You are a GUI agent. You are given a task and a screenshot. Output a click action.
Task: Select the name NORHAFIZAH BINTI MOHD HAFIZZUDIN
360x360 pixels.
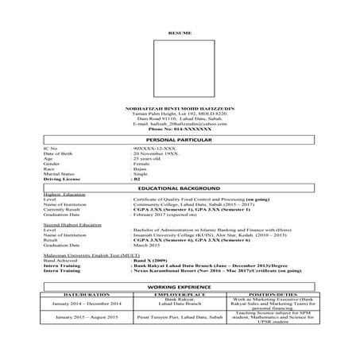pos(180,107)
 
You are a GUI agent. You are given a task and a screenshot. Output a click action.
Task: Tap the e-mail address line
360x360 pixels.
pos(180,124)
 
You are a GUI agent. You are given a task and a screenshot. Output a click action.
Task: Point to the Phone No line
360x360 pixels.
pos(180,130)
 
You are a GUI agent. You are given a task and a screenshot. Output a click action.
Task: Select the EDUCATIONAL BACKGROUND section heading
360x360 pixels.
pos(180,188)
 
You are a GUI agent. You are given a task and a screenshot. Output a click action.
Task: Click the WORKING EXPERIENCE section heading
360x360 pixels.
pos(180,305)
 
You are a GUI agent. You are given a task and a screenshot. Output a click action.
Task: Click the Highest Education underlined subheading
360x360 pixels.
pos(64,194)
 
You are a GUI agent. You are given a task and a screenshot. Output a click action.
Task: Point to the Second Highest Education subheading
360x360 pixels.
pos(72,225)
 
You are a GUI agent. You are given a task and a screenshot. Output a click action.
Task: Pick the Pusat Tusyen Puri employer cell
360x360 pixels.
pos(180,342)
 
